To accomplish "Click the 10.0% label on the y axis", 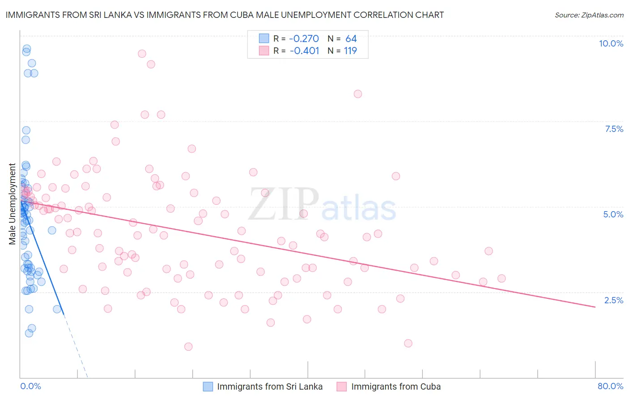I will click(x=611, y=43).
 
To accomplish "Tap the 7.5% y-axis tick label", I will click(x=614, y=129).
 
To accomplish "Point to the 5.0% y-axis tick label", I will click(x=613, y=214).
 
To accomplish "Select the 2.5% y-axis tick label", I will click(x=613, y=300).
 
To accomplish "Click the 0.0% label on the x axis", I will click(x=30, y=386).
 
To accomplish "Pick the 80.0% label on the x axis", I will click(x=610, y=386).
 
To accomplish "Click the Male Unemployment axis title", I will click(x=12, y=204).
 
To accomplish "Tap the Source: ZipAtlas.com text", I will click(x=589, y=15).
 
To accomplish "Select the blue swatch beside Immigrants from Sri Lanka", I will click(x=208, y=386).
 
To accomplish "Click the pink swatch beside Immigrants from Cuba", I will click(x=342, y=386).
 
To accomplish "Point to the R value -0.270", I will click(x=304, y=39).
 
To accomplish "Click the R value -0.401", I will click(x=304, y=51).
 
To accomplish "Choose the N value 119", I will click(x=350, y=51).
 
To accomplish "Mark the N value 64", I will click(x=351, y=39).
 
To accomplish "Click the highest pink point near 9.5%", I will click(x=142, y=54).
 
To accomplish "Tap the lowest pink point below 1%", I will click(x=188, y=347).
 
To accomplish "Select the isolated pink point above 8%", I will click(x=357, y=94).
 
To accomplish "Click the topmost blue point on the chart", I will click(x=27, y=49).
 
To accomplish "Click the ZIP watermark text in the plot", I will click(x=283, y=204).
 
